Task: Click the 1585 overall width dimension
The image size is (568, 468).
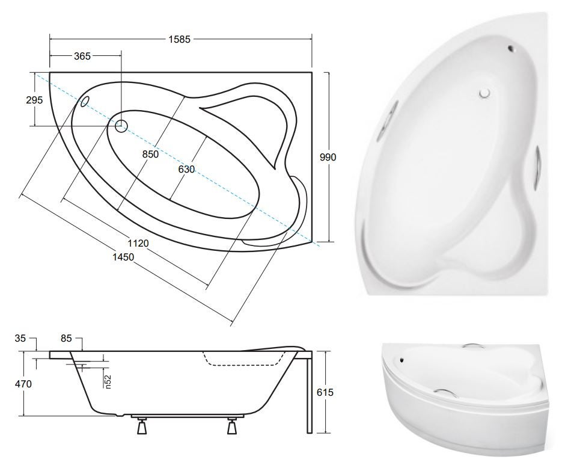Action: tap(179, 39)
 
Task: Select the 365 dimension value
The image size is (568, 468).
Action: tap(82, 56)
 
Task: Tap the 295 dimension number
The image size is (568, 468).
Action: tap(34, 100)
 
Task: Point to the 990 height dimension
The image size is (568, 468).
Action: tap(328, 157)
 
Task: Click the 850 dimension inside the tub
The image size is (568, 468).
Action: tap(150, 154)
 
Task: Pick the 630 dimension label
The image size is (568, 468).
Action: tap(186, 169)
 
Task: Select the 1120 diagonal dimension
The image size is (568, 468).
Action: tap(138, 243)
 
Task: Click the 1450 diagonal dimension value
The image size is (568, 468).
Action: tap(123, 257)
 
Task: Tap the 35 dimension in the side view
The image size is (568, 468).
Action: tap(20, 338)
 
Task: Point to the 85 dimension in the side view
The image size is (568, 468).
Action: tap(66, 338)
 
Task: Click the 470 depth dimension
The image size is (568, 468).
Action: tap(23, 384)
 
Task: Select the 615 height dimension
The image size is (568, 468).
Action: tap(325, 392)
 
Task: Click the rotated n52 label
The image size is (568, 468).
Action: tap(108, 382)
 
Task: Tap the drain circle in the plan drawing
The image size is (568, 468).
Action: tap(121, 126)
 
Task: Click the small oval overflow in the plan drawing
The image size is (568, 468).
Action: tap(85, 102)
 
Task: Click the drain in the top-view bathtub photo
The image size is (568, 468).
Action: tap(484, 93)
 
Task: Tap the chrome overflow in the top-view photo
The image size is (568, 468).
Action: tap(511, 48)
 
